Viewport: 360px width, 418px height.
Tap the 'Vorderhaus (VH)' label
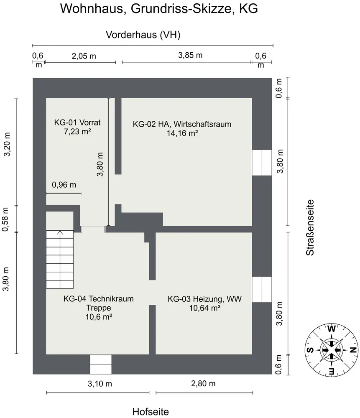point(143,35)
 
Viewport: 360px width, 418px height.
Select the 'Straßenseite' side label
point(310,227)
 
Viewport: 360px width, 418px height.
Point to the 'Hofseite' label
point(151,412)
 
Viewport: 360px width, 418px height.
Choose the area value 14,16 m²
point(182,133)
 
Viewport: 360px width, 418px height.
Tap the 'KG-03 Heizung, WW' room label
point(205,299)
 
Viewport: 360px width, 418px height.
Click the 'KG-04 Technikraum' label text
point(98,299)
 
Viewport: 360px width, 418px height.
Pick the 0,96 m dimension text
point(64,184)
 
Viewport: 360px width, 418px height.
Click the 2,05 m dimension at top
point(84,56)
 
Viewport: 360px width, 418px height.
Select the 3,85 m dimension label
point(190,56)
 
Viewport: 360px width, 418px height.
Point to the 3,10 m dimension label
point(100,383)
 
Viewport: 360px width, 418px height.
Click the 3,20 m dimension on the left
point(7,145)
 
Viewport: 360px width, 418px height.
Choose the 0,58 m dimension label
point(7,219)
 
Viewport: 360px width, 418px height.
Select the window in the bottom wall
point(101,364)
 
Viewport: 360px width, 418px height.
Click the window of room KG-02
point(262,162)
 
